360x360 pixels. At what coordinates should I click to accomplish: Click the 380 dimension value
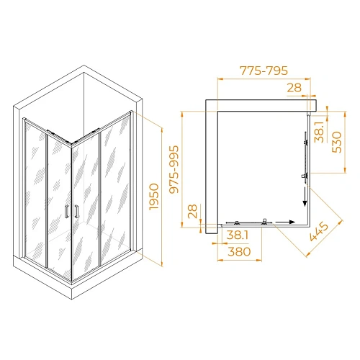236,253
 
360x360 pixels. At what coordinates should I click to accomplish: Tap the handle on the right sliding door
74,210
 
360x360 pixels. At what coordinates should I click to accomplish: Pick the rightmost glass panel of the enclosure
116,184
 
